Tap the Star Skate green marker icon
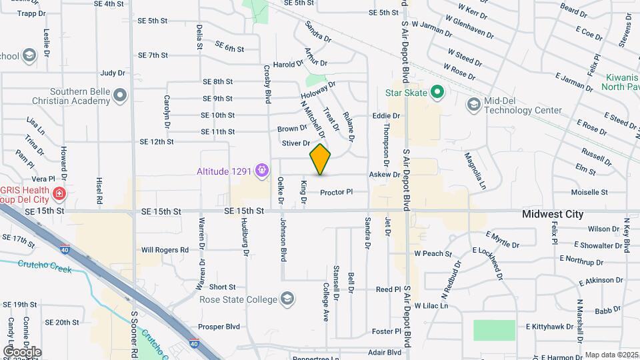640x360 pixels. point(437,92)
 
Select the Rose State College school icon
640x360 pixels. point(287,298)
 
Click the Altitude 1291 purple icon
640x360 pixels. point(263,171)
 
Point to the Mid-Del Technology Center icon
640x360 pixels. point(473,105)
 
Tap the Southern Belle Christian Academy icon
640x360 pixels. point(120,96)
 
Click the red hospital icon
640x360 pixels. point(59,194)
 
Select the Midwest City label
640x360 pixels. point(553,215)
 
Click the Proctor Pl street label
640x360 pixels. point(335,193)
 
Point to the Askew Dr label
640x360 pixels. point(384,175)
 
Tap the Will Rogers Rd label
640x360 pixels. point(165,250)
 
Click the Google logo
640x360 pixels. point(21,352)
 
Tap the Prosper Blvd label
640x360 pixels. point(219,327)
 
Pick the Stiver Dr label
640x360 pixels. point(296,143)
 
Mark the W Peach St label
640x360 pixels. point(433,254)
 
